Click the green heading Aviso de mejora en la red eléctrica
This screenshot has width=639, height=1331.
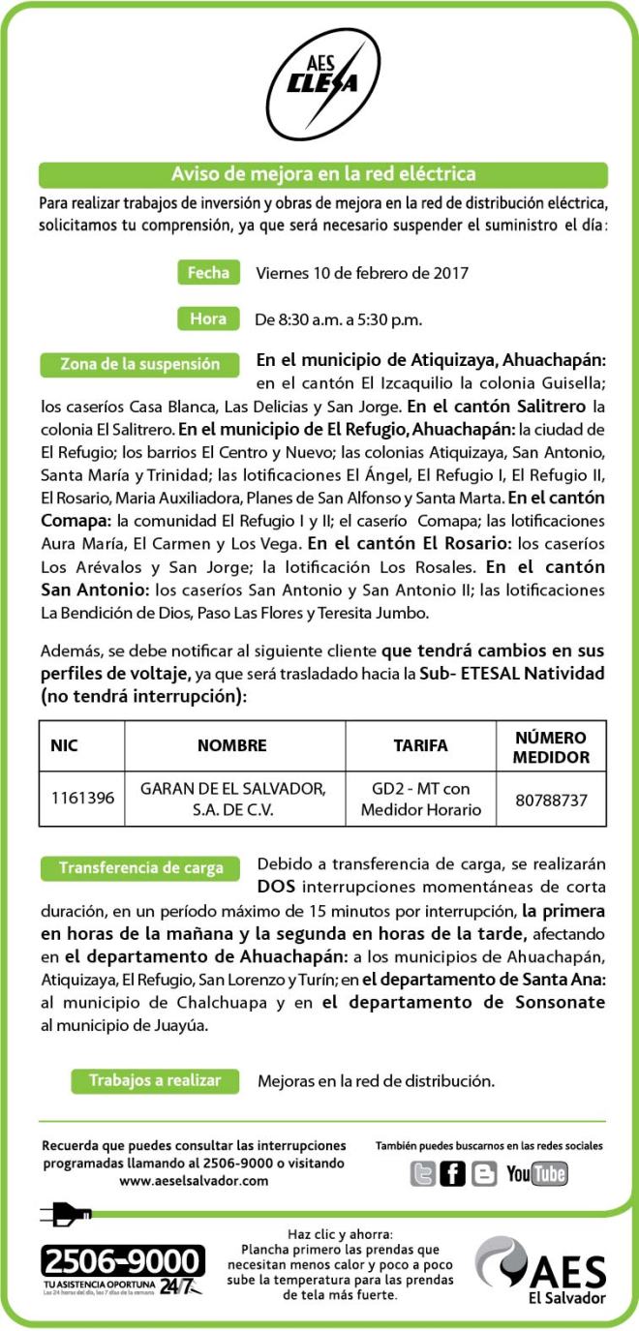[323, 174]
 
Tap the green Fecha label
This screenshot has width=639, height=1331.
[208, 273]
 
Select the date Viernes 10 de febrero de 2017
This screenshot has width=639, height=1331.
[362, 273]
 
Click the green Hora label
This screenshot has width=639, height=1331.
[208, 318]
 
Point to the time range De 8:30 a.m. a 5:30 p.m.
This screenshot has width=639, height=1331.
[338, 318]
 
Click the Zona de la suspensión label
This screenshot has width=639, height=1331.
[140, 365]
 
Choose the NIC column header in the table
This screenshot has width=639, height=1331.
[65, 745]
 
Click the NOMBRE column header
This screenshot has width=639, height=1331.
[231, 745]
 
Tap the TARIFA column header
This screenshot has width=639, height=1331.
[420, 745]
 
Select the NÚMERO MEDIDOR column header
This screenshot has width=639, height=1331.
[551, 745]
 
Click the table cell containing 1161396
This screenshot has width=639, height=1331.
[82, 799]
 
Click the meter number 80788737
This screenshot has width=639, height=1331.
[551, 800]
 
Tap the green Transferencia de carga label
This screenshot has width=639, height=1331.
[140, 867]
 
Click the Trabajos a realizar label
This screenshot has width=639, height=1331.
[155, 1080]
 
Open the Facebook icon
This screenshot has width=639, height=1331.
[452, 1174]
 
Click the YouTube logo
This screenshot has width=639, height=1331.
[536, 1174]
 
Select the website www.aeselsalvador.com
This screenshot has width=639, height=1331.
[194, 1180]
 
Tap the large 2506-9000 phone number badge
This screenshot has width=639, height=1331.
[122, 1262]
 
